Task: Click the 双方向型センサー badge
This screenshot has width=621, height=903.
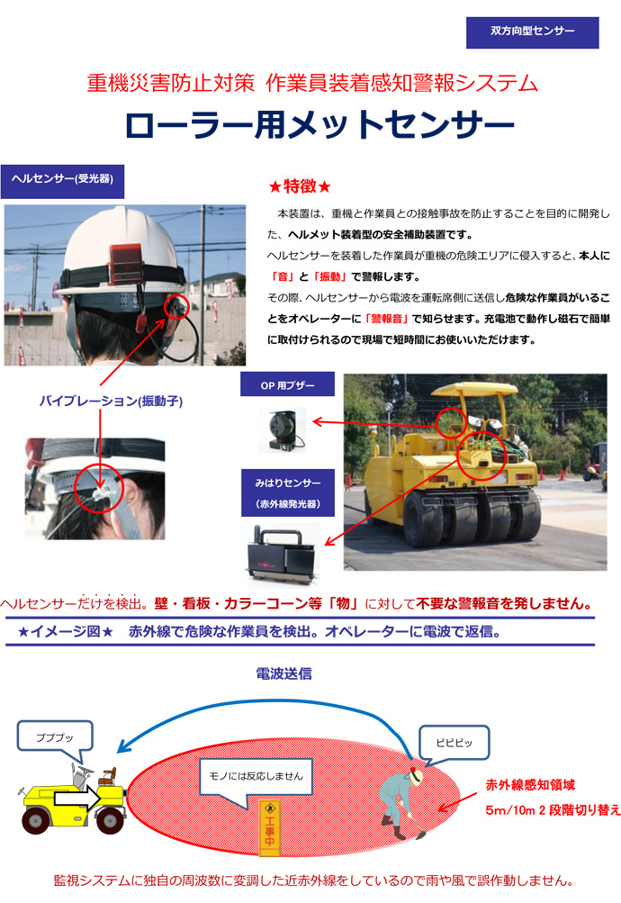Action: pyautogui.click(x=533, y=32)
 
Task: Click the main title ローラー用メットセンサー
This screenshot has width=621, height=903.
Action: pyautogui.click(x=319, y=125)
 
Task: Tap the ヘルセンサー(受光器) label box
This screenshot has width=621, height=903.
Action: pyautogui.click(x=62, y=180)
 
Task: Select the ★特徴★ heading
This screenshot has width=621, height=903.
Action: pyautogui.click(x=301, y=186)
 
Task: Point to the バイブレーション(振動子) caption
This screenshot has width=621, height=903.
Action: pyautogui.click(x=111, y=402)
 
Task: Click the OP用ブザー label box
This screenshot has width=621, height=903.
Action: pyautogui.click(x=288, y=385)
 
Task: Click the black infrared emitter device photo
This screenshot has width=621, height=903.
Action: pyautogui.click(x=283, y=550)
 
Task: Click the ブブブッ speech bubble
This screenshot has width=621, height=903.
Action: pyautogui.click(x=55, y=736)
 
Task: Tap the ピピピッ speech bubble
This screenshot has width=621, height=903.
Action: pyautogui.click(x=452, y=743)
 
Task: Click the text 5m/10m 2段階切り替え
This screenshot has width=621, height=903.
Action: pyautogui.click(x=553, y=809)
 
